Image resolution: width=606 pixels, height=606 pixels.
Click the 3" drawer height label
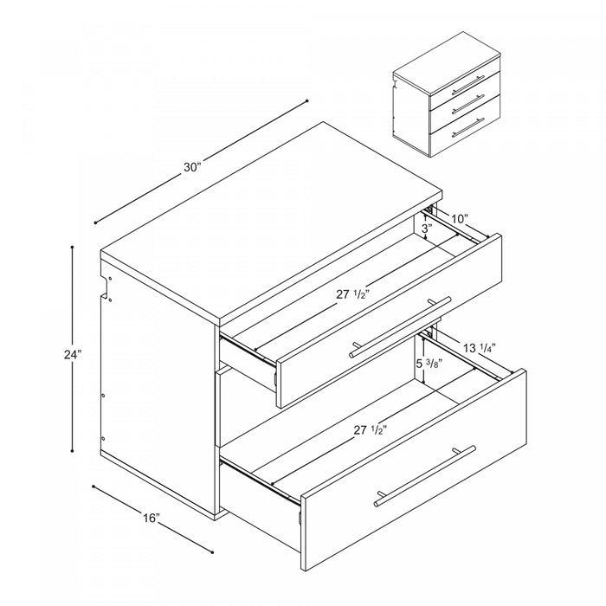tap(426, 229)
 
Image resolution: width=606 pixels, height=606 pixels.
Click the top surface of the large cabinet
tap(277, 208)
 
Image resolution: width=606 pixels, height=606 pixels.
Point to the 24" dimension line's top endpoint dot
tap(73, 247)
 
